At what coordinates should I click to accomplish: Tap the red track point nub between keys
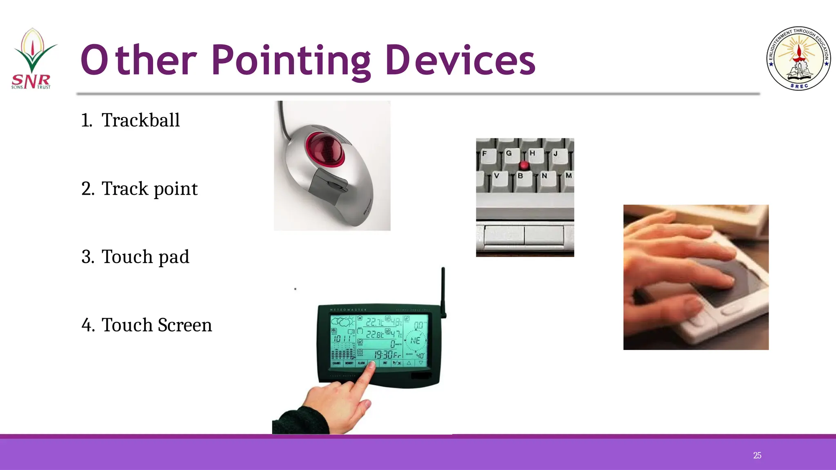click(524, 165)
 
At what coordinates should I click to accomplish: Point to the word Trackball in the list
click(140, 120)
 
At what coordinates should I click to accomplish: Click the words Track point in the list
click(149, 189)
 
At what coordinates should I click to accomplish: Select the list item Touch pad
click(145, 257)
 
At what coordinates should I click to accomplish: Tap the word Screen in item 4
click(185, 325)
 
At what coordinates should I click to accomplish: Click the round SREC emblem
click(798, 58)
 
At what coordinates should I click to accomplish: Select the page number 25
click(757, 455)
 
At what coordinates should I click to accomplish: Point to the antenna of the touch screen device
click(443, 290)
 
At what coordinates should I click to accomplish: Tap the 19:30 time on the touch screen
click(384, 354)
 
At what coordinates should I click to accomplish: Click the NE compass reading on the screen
click(415, 340)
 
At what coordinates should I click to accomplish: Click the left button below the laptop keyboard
click(504, 235)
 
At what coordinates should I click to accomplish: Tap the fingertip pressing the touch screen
click(371, 365)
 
